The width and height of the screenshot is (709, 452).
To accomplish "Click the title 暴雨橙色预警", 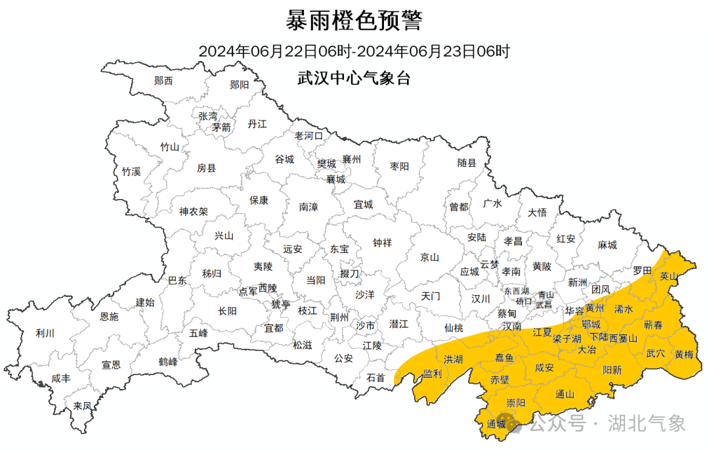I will click(354, 21).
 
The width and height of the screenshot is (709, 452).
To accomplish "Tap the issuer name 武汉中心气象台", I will click(354, 79).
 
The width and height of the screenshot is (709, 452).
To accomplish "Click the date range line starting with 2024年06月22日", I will click(354, 51).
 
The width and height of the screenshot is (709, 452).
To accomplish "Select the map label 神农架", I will click(194, 212).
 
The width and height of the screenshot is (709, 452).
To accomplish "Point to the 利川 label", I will click(45, 333).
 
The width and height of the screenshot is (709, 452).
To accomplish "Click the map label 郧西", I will click(163, 81).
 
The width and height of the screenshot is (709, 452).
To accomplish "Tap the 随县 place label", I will click(467, 163).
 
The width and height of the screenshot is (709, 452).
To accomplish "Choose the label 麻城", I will click(607, 245).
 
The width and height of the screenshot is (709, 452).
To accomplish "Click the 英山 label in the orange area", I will click(668, 276).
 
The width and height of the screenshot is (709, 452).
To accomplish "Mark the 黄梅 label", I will click(684, 354).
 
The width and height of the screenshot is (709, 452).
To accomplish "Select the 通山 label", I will click(565, 394).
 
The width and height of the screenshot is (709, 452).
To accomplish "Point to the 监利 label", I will click(433, 373).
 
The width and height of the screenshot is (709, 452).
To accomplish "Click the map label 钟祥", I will click(382, 243).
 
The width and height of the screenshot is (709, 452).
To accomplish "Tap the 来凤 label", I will click(82, 405).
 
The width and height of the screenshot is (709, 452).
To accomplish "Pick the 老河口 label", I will click(309, 136).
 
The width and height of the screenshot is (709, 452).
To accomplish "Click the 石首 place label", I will click(376, 378).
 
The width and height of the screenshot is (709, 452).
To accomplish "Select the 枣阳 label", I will click(399, 166).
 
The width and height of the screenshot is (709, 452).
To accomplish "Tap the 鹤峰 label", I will click(168, 361).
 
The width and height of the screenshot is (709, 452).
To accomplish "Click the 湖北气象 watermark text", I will click(647, 423).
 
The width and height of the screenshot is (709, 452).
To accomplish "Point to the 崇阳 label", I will click(515, 403).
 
